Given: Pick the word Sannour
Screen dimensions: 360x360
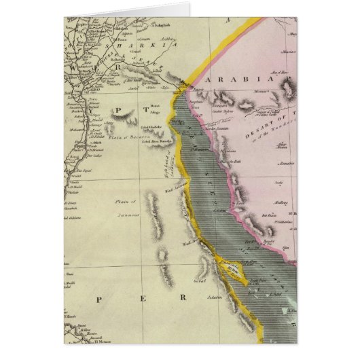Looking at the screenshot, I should pos(126,213).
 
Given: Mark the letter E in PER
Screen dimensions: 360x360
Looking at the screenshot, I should pos(139,299).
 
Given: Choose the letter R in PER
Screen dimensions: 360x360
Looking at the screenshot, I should pos(181,298).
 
